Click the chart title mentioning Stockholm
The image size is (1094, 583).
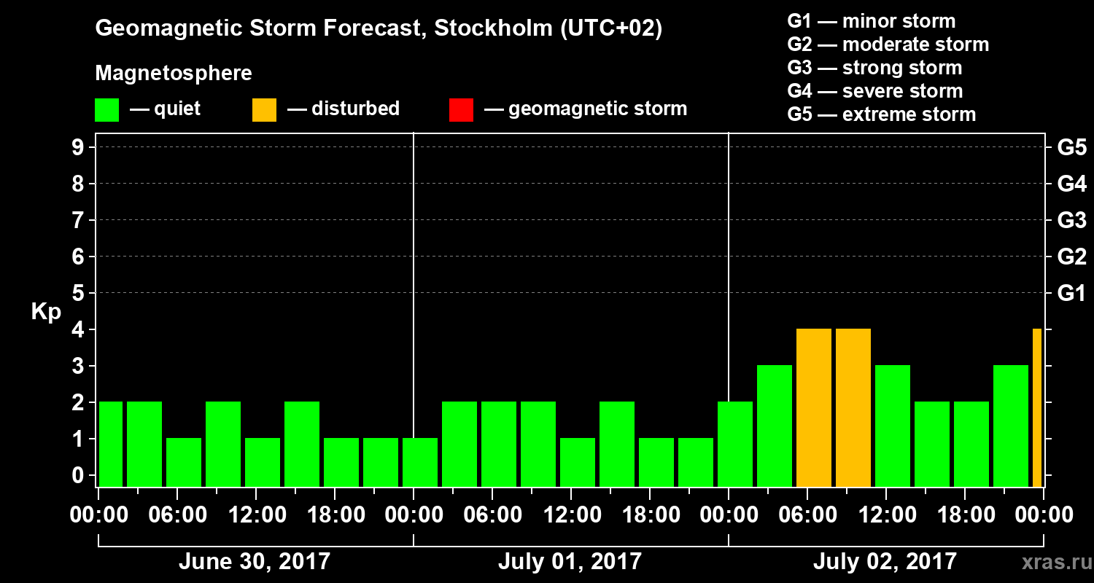pyautogui.click(x=379, y=29)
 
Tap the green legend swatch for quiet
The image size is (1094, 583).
pyautogui.click(x=106, y=109)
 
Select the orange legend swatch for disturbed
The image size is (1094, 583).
pyautogui.click(x=264, y=109)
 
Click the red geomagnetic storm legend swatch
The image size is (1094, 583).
pyautogui.click(x=461, y=109)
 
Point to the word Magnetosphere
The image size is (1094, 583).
pyautogui.click(x=174, y=74)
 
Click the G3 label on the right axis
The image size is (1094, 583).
pyautogui.click(x=1071, y=220)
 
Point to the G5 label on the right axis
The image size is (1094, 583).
pyautogui.click(x=1071, y=147)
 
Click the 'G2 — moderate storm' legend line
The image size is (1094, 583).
pyautogui.click(x=888, y=44)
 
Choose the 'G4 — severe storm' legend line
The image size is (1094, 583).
pyautogui.click(x=874, y=91)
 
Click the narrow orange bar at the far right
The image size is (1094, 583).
pyautogui.click(x=1037, y=408)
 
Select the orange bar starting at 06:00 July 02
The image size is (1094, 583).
pyautogui.click(x=814, y=408)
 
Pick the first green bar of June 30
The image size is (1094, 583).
pyautogui.click(x=111, y=445)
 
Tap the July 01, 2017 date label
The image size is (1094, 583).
pyautogui.click(x=570, y=562)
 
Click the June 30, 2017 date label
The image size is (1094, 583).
pyautogui.click(x=254, y=562)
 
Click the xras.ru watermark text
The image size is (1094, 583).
pyautogui.click(x=1052, y=563)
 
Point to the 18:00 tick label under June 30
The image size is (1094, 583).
pyautogui.click(x=335, y=515)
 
